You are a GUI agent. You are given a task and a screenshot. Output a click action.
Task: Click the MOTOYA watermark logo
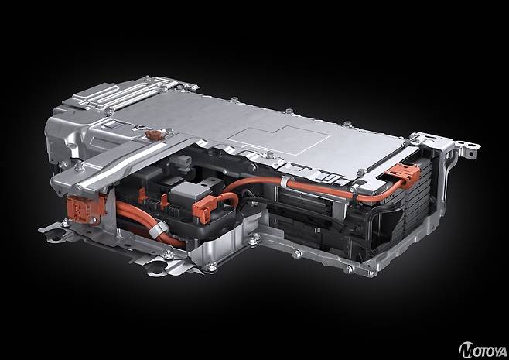point(483,350)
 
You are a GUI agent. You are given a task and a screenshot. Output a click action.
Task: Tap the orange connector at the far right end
point(404,175)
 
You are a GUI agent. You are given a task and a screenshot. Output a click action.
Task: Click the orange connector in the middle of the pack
point(204,208)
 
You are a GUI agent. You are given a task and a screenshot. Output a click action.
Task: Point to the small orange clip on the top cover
point(155,135)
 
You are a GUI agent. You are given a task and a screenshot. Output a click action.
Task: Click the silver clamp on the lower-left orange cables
point(158,229)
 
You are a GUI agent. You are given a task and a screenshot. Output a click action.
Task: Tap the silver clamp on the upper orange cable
point(285,182)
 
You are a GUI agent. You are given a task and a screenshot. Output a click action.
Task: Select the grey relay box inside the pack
point(186,193)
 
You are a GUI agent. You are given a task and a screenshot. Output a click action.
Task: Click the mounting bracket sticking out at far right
point(466,148)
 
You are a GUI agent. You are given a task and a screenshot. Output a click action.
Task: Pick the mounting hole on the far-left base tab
point(56,235)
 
